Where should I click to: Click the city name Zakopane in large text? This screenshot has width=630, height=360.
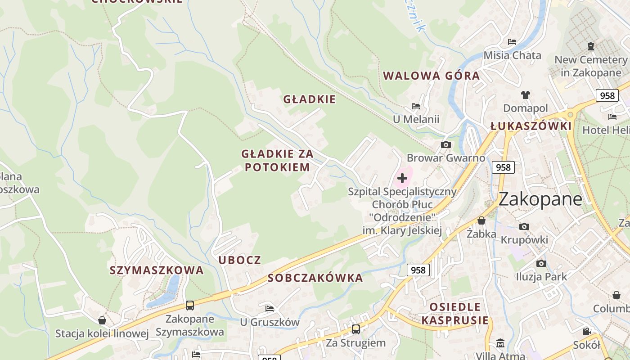pyautogui.click(x=540, y=198)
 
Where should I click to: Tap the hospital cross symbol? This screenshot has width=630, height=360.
pyautogui.click(x=402, y=178)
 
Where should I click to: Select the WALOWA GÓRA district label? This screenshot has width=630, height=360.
pyautogui.click(x=431, y=76)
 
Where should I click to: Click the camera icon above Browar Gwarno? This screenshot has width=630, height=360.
pyautogui.click(x=446, y=144)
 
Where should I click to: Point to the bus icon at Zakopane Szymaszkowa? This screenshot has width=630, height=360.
pyautogui.click(x=190, y=306)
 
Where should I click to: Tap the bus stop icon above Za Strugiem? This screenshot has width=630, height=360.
pyautogui.click(x=356, y=329)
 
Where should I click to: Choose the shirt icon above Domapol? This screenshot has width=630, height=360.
pyautogui.click(x=526, y=95)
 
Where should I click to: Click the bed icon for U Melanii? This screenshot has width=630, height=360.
pyautogui.click(x=416, y=106)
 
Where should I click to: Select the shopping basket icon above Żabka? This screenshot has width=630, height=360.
pyautogui.click(x=481, y=220)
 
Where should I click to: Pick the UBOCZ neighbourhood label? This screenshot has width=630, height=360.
pyautogui.click(x=240, y=260)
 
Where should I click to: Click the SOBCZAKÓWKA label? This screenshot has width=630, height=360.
pyautogui.click(x=315, y=278)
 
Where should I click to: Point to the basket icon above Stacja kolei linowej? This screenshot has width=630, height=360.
pyautogui.click(x=102, y=320)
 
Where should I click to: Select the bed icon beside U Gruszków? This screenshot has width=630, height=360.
pyautogui.click(x=270, y=308)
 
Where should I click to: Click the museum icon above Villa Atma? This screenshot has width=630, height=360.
pyautogui.click(x=500, y=343)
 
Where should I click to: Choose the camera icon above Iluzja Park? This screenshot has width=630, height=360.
pyautogui.click(x=541, y=263)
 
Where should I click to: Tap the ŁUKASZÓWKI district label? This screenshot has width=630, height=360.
pyautogui.click(x=531, y=126)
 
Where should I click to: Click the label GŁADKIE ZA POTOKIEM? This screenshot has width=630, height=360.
pyautogui.click(x=277, y=161)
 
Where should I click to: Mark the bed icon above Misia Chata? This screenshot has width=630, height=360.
pyautogui.click(x=512, y=42)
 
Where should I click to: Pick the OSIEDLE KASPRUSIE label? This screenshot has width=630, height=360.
pyautogui.click(x=455, y=314)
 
